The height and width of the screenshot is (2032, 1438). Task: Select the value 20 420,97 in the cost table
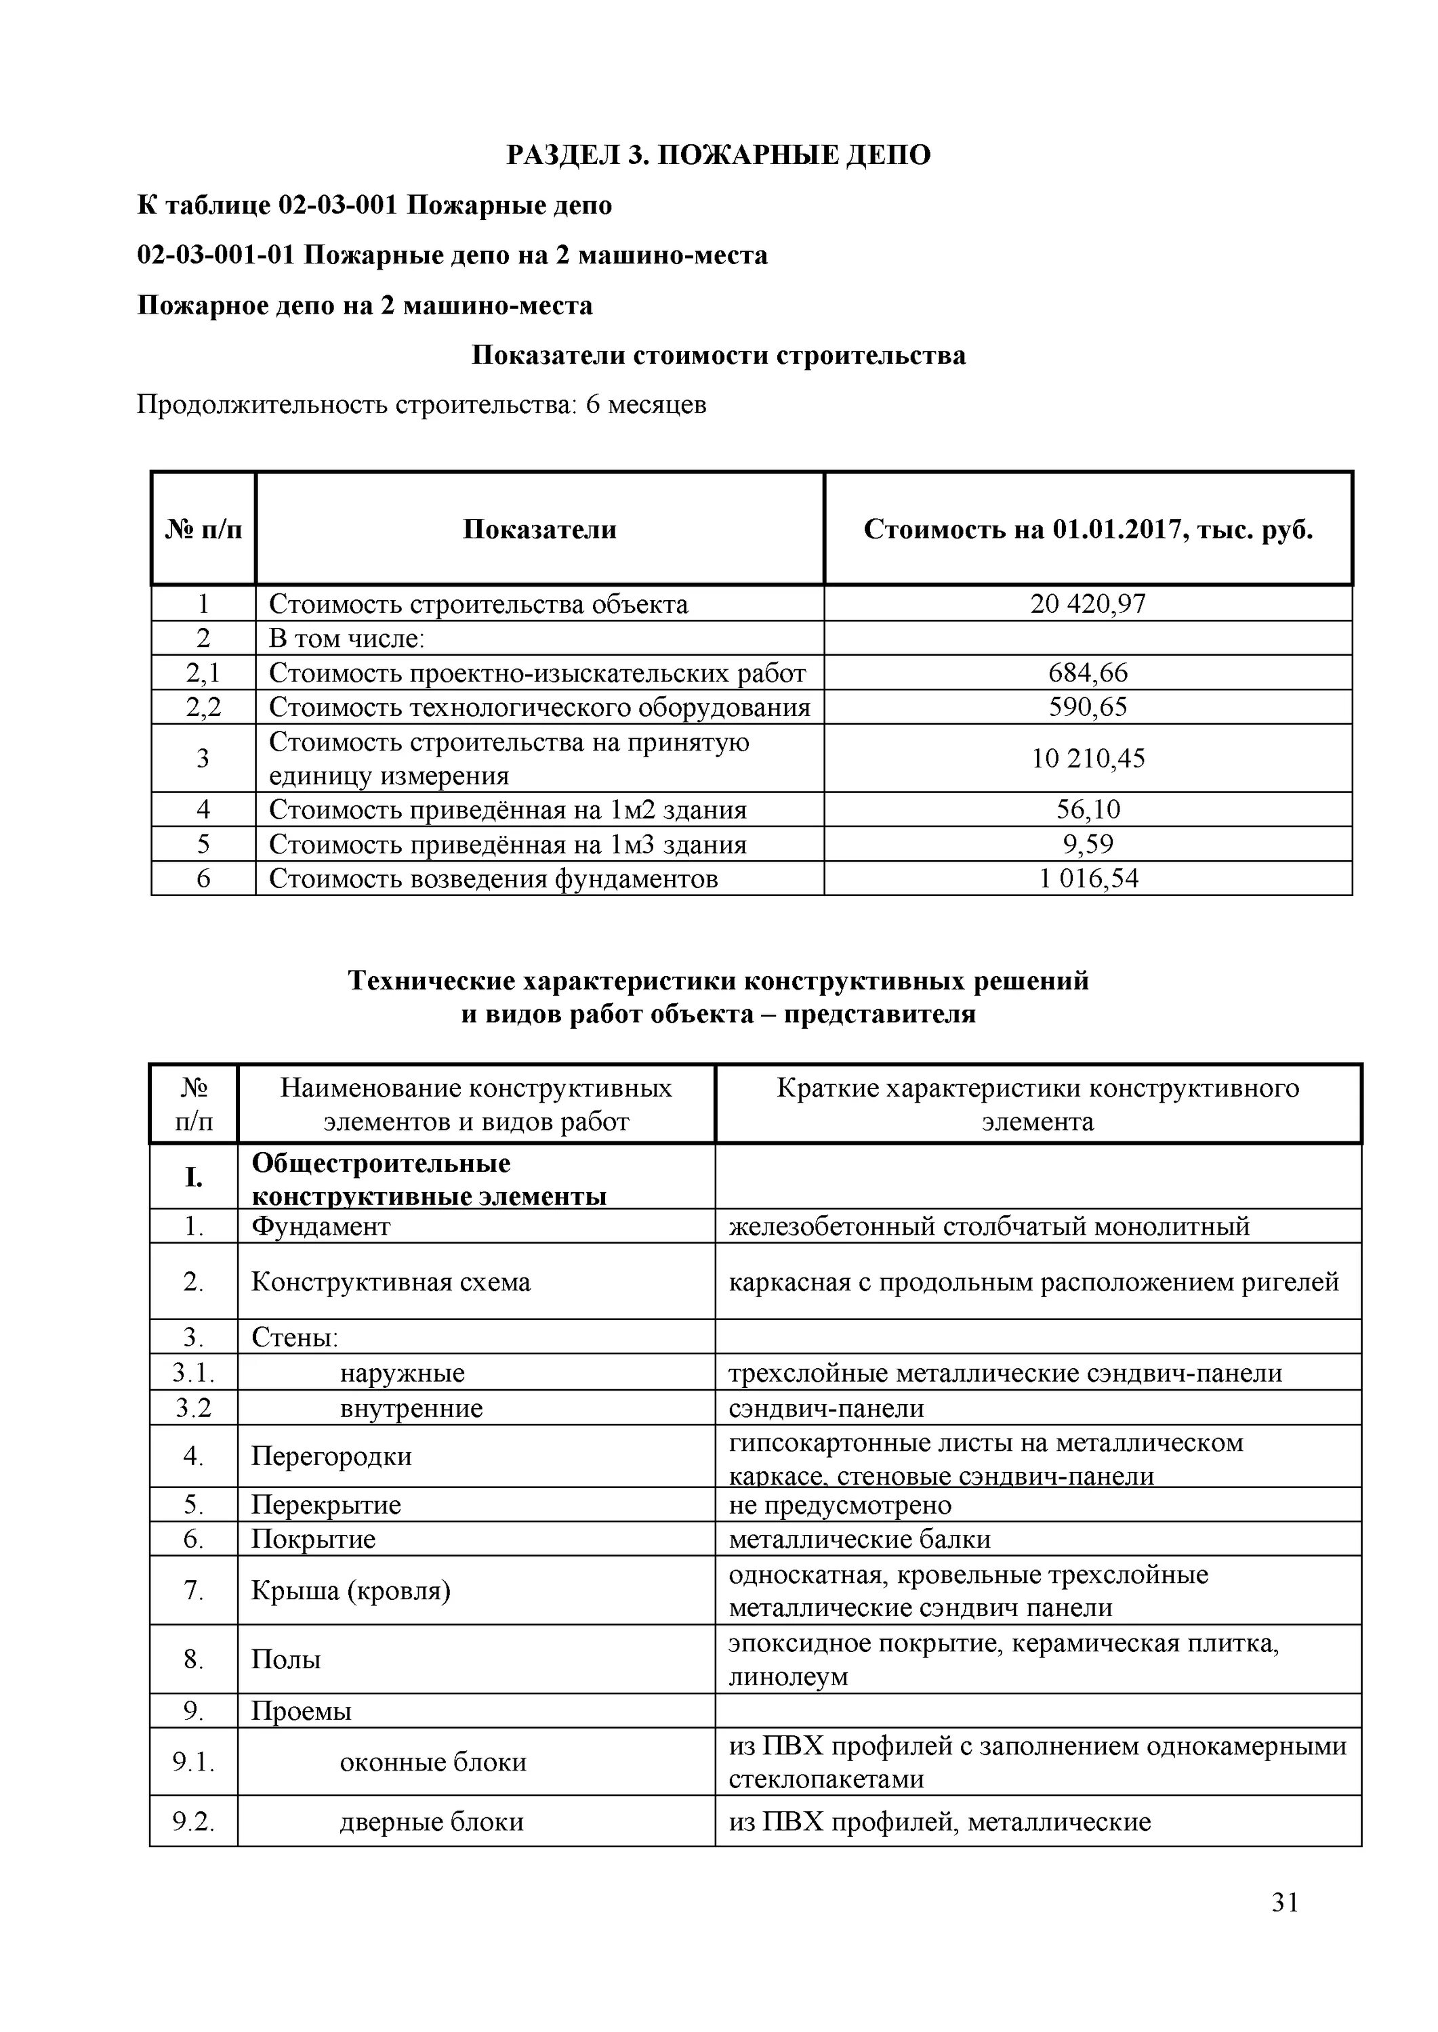(x=1088, y=604)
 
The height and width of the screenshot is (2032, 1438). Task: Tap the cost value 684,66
(x=1088, y=673)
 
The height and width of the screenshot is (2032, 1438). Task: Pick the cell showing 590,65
(x=1088, y=707)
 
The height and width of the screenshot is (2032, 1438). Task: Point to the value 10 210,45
(x=1088, y=759)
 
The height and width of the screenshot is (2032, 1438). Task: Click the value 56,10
(x=1088, y=810)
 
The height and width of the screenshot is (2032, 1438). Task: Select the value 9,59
(x=1088, y=845)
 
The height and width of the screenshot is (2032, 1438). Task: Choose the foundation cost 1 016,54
(x=1088, y=879)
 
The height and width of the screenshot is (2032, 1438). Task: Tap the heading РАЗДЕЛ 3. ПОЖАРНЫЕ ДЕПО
(x=718, y=155)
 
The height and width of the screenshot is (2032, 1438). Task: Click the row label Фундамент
(x=321, y=1227)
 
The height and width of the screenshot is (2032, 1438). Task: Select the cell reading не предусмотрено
(x=840, y=1506)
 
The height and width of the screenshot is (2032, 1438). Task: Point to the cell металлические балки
(x=859, y=1540)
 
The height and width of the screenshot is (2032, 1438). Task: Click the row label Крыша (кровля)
(x=350, y=1591)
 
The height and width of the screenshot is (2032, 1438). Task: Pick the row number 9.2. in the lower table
(x=193, y=1822)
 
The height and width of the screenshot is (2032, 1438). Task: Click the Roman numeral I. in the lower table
(x=193, y=1178)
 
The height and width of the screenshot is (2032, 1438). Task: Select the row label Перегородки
(x=331, y=1457)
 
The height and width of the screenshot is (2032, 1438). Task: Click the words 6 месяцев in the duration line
(x=646, y=405)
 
